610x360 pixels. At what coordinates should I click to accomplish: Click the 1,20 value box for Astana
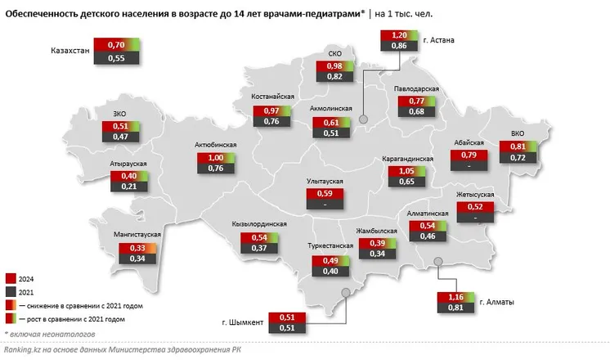click(x=399, y=36)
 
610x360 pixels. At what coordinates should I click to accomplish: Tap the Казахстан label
click(x=71, y=52)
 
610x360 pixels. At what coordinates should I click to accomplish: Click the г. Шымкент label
click(x=242, y=323)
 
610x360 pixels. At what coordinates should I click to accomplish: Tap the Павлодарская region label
click(x=416, y=88)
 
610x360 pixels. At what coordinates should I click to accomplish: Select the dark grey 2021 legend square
click(x=10, y=290)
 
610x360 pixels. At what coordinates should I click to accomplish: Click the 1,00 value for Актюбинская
click(x=216, y=158)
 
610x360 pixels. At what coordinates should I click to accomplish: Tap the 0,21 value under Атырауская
click(x=128, y=187)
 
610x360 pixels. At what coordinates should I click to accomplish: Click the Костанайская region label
click(x=272, y=97)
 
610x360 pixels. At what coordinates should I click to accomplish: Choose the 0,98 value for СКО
click(x=334, y=65)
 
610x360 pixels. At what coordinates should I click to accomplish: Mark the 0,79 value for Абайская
click(x=469, y=154)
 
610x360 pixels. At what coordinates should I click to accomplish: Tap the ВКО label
click(x=518, y=132)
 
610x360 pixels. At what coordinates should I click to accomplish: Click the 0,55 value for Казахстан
click(x=115, y=59)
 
